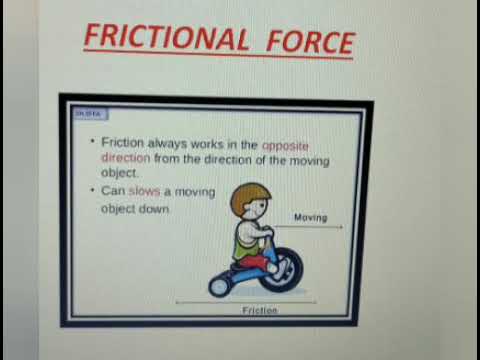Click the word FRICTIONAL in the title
click(165, 38)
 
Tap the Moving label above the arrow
click(311, 216)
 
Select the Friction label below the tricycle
click(259, 311)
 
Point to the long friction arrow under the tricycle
click(246, 300)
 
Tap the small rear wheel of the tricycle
click(220, 285)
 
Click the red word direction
click(126, 159)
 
